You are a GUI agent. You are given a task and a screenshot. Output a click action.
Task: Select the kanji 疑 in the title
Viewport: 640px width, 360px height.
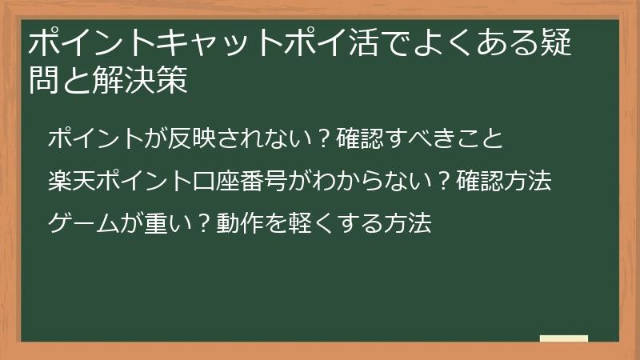(553, 43)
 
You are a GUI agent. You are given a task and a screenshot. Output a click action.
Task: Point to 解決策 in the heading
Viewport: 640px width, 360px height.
(142, 80)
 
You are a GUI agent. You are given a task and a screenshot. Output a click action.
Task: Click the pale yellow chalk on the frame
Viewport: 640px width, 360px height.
(565, 338)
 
